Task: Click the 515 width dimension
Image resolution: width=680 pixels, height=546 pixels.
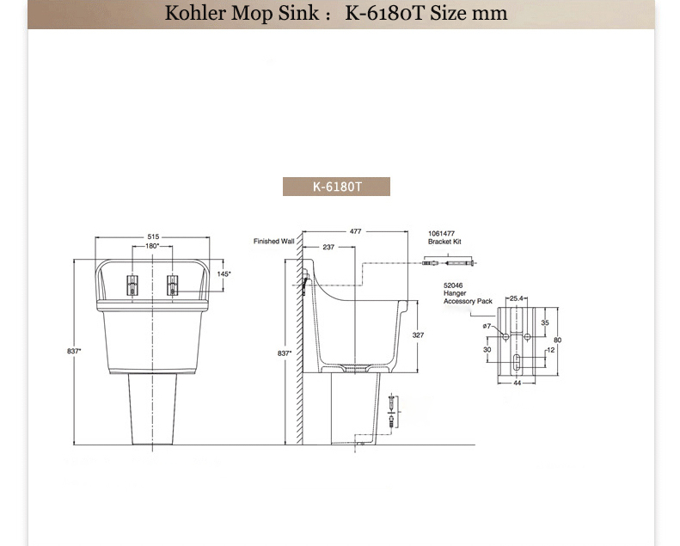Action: tap(153, 236)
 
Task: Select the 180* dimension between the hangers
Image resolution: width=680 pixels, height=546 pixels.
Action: tap(152, 246)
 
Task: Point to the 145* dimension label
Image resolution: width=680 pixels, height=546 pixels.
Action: tap(224, 273)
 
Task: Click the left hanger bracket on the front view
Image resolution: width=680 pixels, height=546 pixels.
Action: tap(132, 285)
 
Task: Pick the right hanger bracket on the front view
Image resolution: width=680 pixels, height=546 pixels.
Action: tap(172, 285)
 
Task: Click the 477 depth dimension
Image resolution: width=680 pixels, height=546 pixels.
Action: tap(355, 231)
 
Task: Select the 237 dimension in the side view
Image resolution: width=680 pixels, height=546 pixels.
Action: tap(328, 247)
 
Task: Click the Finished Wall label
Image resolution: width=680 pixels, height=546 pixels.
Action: tap(273, 242)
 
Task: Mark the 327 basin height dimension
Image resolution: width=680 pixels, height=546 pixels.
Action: tap(418, 334)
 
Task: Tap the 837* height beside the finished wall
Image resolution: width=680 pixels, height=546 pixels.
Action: tap(285, 353)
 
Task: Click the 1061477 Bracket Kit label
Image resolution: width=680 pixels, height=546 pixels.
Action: tap(445, 237)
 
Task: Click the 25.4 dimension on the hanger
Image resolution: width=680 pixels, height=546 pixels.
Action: tap(517, 298)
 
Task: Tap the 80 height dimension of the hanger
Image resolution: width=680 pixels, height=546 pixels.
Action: tap(557, 340)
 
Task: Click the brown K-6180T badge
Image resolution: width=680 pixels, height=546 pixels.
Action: tap(336, 187)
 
